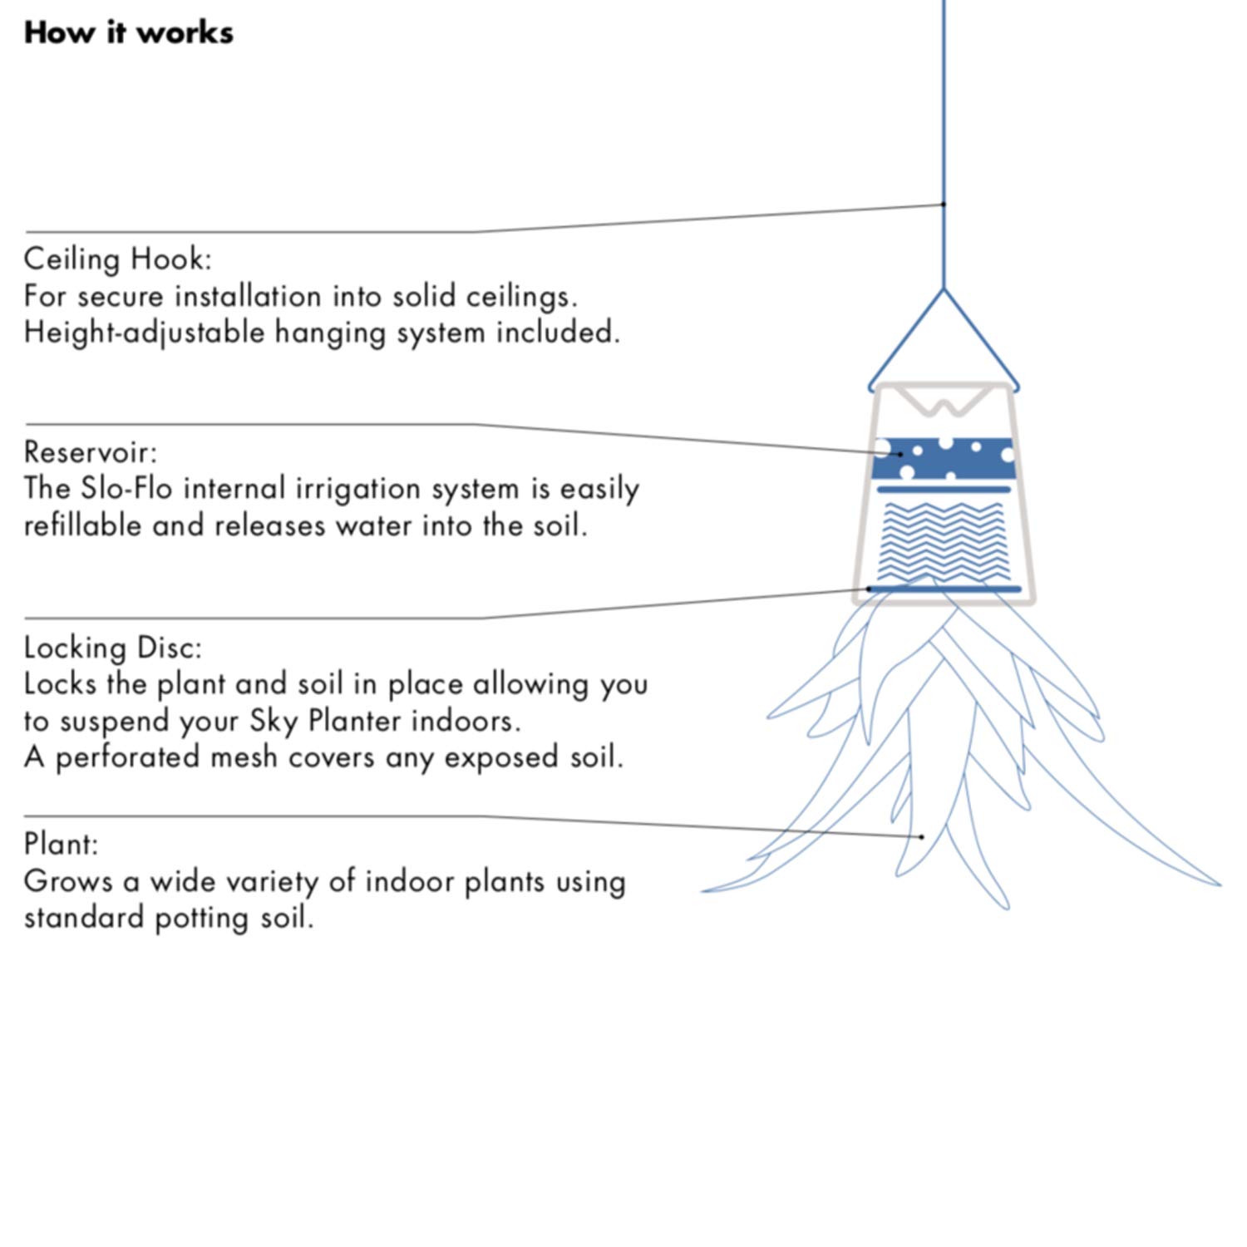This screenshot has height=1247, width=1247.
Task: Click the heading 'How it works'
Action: (x=129, y=33)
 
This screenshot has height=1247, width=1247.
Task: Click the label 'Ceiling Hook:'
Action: (x=117, y=259)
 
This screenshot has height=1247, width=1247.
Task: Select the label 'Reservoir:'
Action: (x=90, y=452)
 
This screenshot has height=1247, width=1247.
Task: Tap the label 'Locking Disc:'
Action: (x=112, y=648)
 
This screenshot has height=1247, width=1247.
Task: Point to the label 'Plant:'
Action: (x=61, y=844)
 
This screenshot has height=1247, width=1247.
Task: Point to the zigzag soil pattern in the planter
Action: (x=944, y=540)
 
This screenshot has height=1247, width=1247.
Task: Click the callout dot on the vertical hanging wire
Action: (x=944, y=204)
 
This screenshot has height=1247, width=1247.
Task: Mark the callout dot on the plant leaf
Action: (x=922, y=837)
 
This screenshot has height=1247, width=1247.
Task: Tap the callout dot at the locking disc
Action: (x=869, y=589)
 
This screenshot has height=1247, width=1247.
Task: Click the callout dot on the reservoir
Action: (x=900, y=454)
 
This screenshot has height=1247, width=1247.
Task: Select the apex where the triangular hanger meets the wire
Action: (x=944, y=289)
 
